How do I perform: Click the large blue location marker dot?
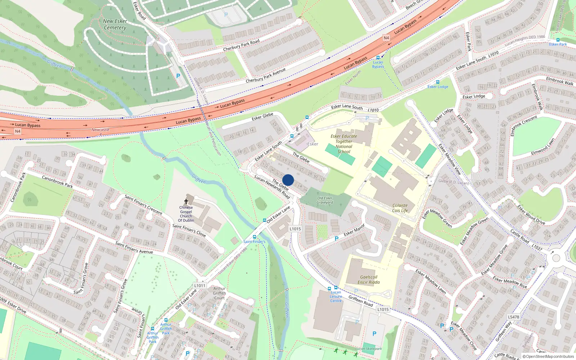pos(288,180)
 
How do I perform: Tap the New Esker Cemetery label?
pos(115,24)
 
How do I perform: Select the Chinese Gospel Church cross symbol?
pos(186,202)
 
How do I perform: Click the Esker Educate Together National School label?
pos(344,144)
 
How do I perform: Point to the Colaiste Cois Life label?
pos(400,208)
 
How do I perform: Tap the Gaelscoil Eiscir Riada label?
pos(369,280)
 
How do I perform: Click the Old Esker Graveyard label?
pos(325,200)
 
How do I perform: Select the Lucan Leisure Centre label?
pos(336,297)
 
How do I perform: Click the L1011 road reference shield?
pos(200,285)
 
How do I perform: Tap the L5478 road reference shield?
pos(513,317)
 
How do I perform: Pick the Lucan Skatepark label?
pos(369,348)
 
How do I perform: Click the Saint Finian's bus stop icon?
pos(255,237)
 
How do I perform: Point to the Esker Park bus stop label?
pos(558,44)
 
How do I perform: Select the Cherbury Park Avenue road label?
pos(266,75)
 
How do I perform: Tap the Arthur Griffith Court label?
pos(219,293)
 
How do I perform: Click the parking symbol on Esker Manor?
pos(337,239)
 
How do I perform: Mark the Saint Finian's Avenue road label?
pos(134,247)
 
